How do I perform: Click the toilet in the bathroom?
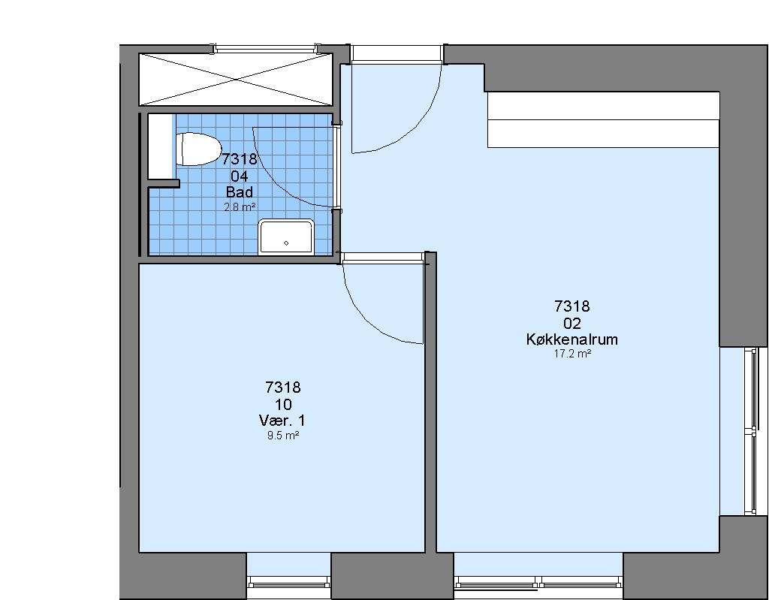click(198, 149)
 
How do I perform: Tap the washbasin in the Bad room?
click(286, 237)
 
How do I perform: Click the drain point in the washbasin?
click(286, 243)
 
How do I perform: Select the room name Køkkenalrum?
click(571, 339)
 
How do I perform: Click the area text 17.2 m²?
click(571, 354)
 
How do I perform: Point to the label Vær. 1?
click(282, 421)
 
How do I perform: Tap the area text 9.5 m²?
click(283, 435)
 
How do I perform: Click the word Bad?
click(240, 191)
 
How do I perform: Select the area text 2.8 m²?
click(240, 207)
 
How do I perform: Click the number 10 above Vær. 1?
click(283, 405)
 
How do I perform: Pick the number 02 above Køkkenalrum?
click(572, 324)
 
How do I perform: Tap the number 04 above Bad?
click(240, 176)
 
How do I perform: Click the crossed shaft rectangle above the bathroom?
click(236, 79)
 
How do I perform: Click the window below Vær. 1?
click(289, 582)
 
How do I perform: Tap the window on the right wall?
click(751, 431)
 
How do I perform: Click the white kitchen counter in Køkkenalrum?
click(603, 119)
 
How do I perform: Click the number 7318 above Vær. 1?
click(283, 387)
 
